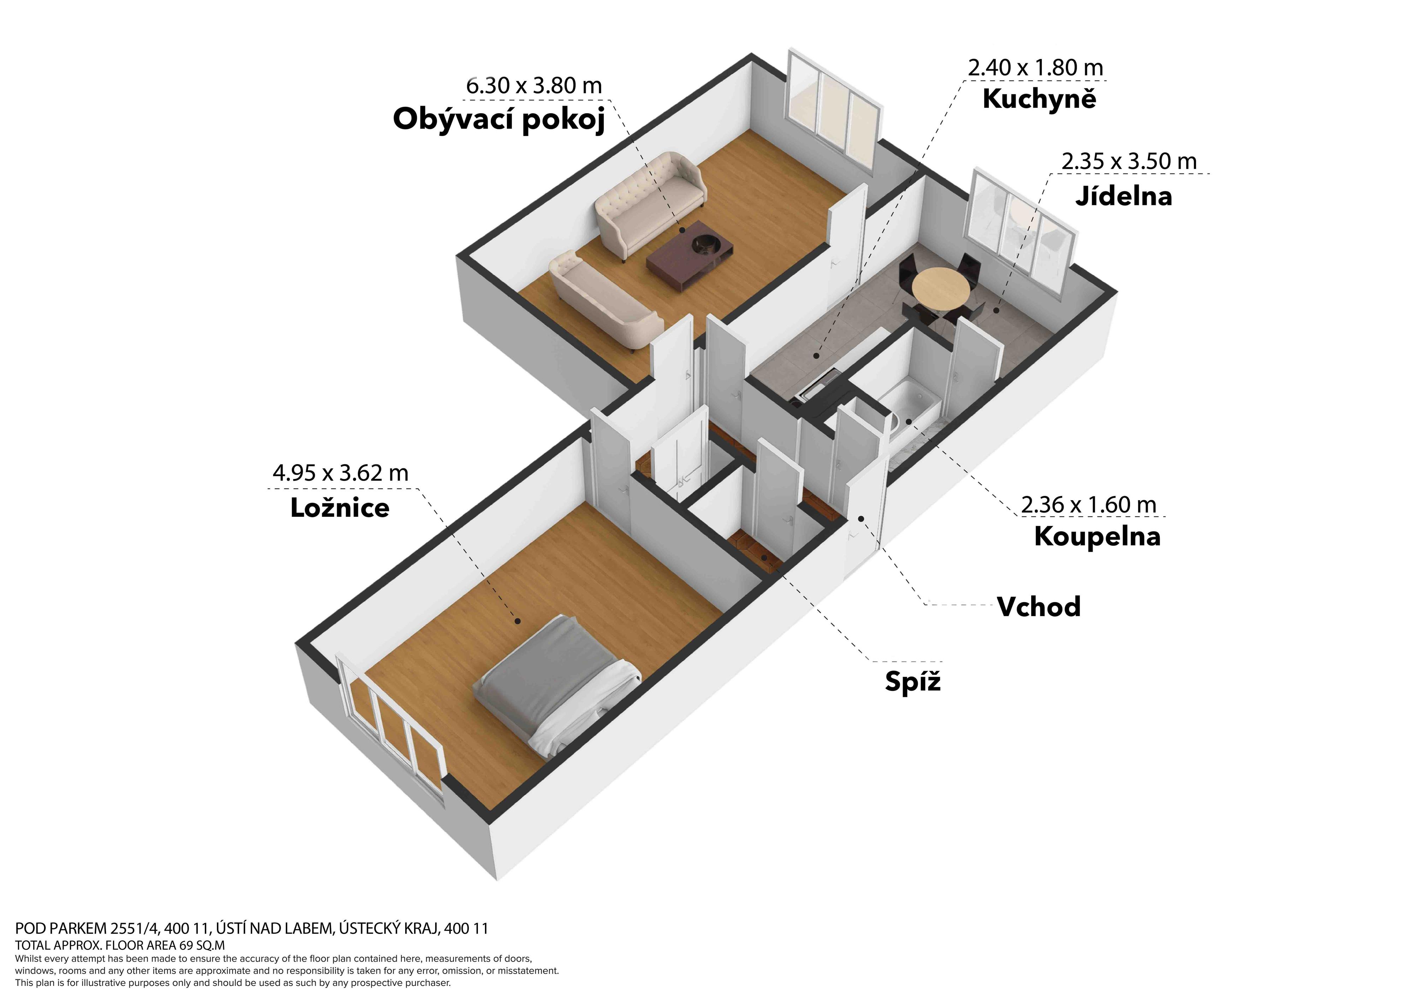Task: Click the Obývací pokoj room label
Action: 499,119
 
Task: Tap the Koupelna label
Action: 1097,536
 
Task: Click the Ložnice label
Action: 340,508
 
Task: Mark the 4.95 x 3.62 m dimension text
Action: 340,473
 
